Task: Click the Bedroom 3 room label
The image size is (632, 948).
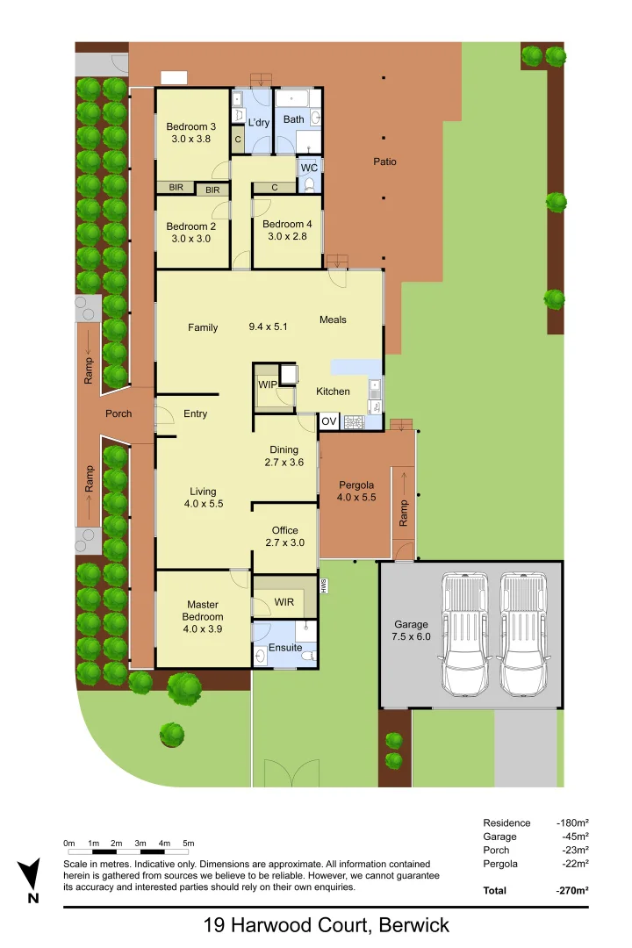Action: [191, 126]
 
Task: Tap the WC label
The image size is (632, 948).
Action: [309, 167]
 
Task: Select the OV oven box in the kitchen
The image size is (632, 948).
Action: [328, 421]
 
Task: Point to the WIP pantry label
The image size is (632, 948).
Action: [267, 384]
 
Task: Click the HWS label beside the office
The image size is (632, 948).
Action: [323, 585]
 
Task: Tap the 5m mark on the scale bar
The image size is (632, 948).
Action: [188, 844]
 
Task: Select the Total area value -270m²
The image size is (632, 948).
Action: [571, 890]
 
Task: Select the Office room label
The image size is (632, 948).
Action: [284, 530]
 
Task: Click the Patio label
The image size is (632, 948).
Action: [384, 162]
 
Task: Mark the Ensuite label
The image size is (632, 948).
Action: [286, 648]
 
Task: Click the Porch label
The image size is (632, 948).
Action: [118, 413]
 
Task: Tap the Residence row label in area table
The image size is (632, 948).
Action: [506, 822]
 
